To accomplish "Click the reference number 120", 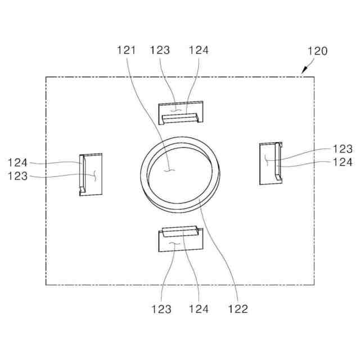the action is (317, 51).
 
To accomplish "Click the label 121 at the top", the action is (126, 50).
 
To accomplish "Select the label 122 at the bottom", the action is (238, 309).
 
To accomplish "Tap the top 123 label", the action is (160, 50).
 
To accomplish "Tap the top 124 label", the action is (199, 50).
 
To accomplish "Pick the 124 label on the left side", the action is (17, 163).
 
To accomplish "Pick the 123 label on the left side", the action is (17, 176).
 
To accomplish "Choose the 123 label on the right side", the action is (343, 149).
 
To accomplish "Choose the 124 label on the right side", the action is (343, 163).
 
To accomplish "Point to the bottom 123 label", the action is (161, 309).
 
